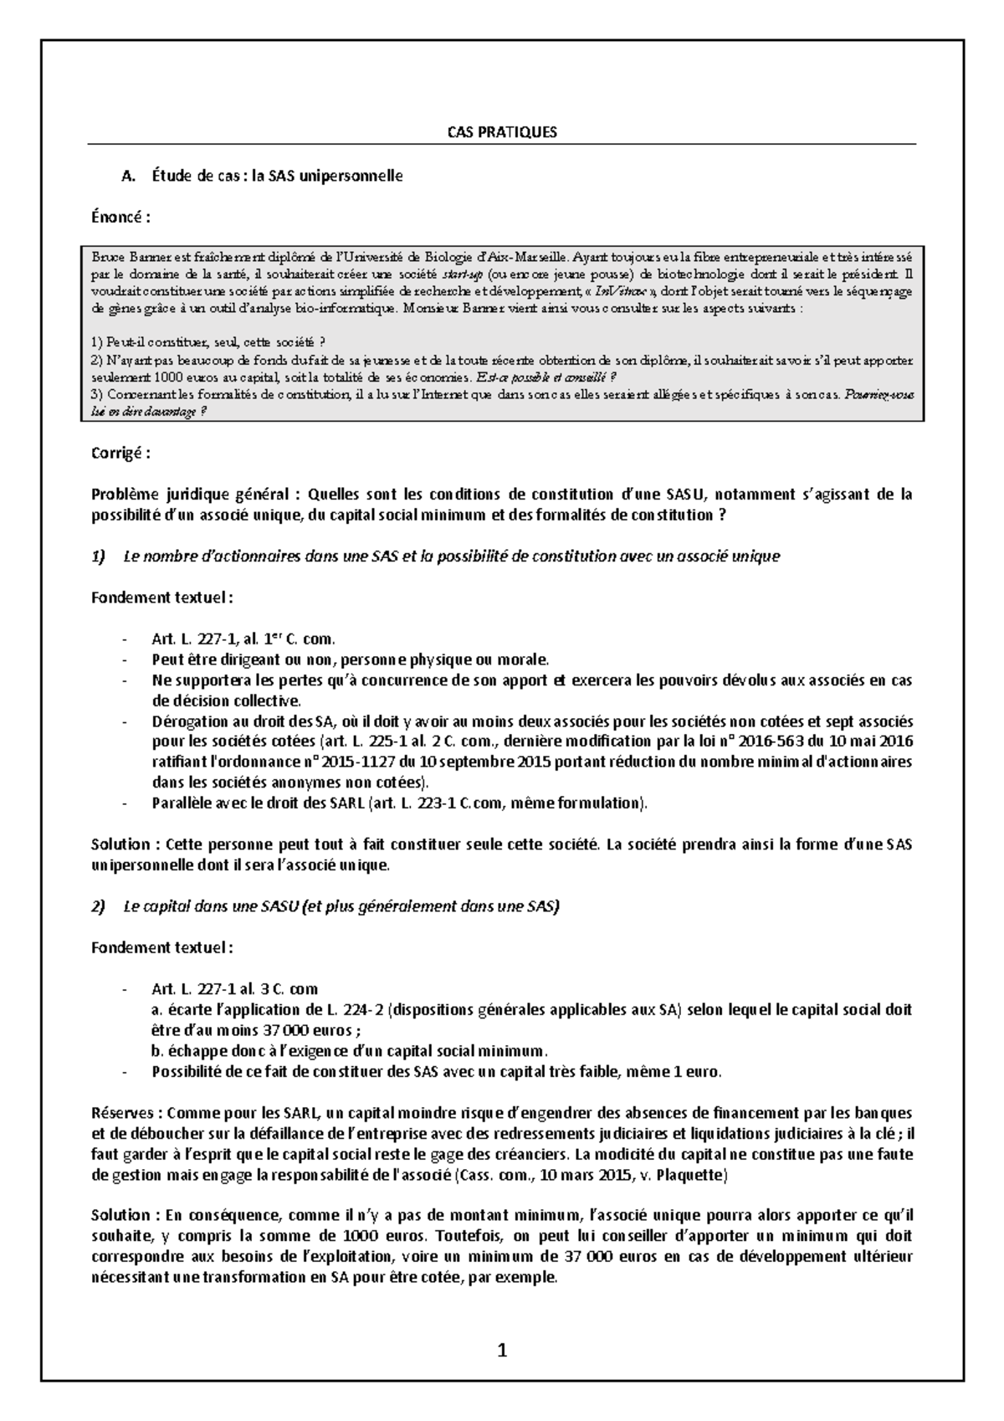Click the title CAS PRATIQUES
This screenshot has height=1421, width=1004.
point(502,132)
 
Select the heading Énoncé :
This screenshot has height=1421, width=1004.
point(120,218)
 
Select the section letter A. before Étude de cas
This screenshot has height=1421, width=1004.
point(128,176)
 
